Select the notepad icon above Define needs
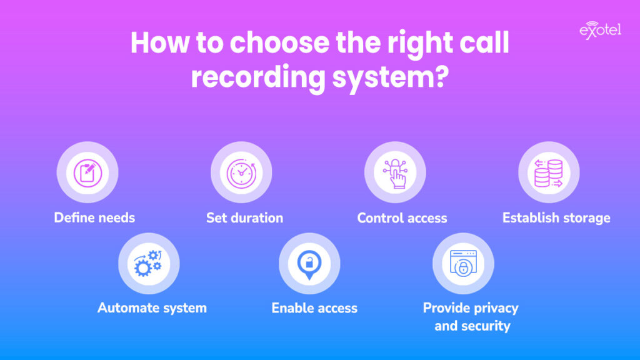(87, 172)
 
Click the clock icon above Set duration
(241, 172)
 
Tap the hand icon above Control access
(395, 172)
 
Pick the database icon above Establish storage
(549, 172)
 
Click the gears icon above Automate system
(149, 263)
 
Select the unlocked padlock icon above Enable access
(309, 263)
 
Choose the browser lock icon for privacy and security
(463, 263)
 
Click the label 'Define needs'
(94, 217)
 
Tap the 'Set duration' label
(245, 217)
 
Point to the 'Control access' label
(402, 218)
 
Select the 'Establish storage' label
(556, 217)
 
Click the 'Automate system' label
(152, 307)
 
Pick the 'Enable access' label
(314, 307)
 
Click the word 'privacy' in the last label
(494, 308)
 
